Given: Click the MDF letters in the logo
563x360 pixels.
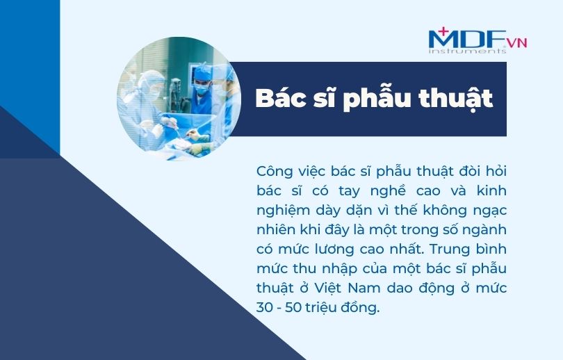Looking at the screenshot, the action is coord(467,39).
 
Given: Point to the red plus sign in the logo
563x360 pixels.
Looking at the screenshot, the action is coord(443,31).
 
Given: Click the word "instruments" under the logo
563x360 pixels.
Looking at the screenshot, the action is coord(467,51).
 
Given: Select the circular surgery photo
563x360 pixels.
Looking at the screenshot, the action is coord(179,99).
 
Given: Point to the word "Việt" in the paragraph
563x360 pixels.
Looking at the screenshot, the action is coord(329,288).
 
